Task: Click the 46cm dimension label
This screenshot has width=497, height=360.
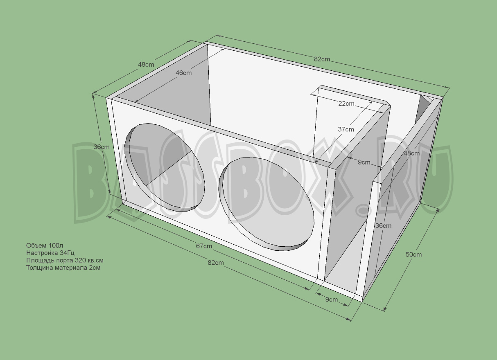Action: click(183, 73)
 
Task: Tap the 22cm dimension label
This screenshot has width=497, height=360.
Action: click(346, 103)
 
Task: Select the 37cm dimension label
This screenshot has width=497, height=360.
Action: click(346, 129)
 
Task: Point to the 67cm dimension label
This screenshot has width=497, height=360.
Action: click(204, 246)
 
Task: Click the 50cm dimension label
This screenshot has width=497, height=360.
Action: click(413, 254)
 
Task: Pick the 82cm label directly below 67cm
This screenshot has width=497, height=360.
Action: click(216, 263)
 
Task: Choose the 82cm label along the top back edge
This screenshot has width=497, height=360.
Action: click(322, 59)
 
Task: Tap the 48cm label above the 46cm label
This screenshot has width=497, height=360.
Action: click(146, 65)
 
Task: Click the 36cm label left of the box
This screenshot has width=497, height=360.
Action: click(102, 147)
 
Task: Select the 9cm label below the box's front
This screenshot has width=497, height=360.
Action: click(332, 299)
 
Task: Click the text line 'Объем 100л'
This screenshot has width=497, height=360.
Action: click(45, 245)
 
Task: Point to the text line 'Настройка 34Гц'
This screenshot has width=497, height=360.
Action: click(50, 253)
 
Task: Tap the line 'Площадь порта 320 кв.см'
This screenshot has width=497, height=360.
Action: click(65, 260)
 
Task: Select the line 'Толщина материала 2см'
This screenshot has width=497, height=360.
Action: click(63, 268)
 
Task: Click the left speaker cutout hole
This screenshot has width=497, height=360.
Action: click(165, 167)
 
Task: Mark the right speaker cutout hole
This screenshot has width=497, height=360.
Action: click(266, 204)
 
